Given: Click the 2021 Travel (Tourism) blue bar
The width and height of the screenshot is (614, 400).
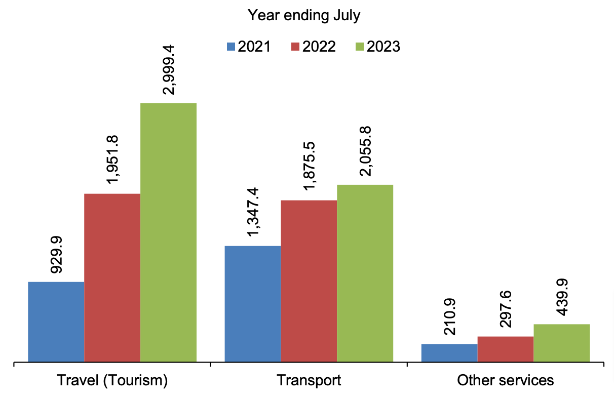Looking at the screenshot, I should [56, 322].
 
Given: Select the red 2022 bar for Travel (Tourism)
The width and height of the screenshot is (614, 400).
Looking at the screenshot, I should [112, 277].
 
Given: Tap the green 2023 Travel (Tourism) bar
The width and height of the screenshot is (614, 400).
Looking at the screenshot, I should [168, 232].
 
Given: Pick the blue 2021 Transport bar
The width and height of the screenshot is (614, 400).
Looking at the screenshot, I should [252, 304].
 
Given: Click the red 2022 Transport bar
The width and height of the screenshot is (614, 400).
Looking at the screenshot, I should [309, 281].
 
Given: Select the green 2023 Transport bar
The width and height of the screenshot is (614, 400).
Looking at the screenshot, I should [365, 273].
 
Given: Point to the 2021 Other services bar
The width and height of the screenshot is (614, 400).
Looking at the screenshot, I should [449, 353].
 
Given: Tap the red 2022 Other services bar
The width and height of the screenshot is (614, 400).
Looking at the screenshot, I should [505, 349].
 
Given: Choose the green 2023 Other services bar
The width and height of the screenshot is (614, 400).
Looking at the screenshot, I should [561, 343].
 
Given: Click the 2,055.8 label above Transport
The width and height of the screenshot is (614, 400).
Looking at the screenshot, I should [365, 150].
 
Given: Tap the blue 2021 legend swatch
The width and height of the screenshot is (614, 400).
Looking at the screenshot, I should [231, 47].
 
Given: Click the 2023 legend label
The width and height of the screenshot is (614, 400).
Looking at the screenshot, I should [383, 47].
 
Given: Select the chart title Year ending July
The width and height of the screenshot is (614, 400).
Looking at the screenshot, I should [304, 15].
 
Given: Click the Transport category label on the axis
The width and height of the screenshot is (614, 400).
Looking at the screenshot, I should [309, 380].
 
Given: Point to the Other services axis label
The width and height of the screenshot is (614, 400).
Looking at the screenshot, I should [505, 380].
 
